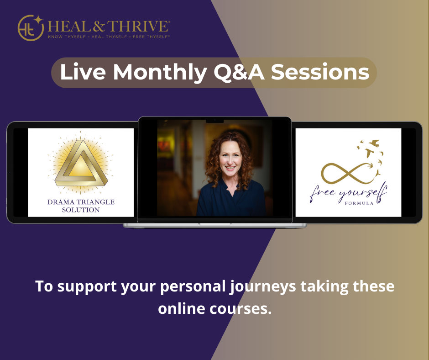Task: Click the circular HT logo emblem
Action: pyautogui.click(x=30, y=28)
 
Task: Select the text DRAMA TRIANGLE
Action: pyautogui.click(x=80, y=202)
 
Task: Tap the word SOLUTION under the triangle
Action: pyautogui.click(x=80, y=210)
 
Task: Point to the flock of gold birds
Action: pyautogui.click(x=370, y=155)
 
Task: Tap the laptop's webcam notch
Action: pyautogui.click(x=214, y=121)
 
